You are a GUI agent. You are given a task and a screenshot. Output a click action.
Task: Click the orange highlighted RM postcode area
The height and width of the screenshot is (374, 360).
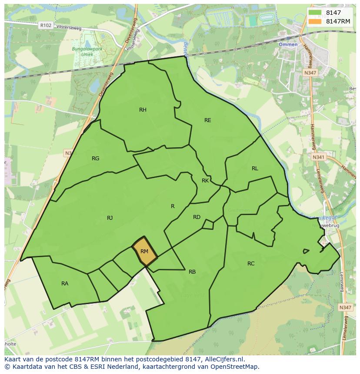tap(144, 252)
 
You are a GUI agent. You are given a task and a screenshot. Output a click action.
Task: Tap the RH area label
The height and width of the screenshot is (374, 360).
tap(143, 110)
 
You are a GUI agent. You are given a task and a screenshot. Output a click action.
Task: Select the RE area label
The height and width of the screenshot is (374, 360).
tap(208, 120)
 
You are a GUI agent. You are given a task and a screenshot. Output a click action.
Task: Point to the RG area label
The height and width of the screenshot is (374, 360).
tap(96, 159)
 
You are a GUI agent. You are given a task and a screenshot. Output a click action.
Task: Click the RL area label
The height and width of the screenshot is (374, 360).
tap(255, 169)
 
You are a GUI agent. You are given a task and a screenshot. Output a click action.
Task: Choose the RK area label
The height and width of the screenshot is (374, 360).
tap(205, 181)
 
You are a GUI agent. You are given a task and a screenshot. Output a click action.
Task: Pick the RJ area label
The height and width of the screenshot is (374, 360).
tap(110, 218)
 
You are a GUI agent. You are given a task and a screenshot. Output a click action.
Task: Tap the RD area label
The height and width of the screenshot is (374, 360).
tap(197, 217)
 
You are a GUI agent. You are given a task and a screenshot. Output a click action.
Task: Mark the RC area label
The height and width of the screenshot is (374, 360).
tap(251, 264)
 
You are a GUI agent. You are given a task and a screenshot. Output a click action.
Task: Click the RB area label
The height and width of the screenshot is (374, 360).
tap(192, 272)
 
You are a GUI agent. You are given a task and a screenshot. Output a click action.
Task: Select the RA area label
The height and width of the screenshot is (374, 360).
tap(65, 284)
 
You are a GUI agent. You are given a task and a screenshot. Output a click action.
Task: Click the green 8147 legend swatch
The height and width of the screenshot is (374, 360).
tap(316, 13)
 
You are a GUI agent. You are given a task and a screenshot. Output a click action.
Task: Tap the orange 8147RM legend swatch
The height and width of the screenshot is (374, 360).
tap(316, 21)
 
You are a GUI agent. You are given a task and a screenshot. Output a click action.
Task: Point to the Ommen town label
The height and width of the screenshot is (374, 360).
tap(288, 45)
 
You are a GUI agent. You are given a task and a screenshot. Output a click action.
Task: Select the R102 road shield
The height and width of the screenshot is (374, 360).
tap(45, 26)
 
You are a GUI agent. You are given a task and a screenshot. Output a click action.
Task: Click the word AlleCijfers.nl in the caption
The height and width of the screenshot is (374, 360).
tap(223, 359)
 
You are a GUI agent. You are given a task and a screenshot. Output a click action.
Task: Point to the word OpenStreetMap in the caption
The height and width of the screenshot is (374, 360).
tap(234, 367)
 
